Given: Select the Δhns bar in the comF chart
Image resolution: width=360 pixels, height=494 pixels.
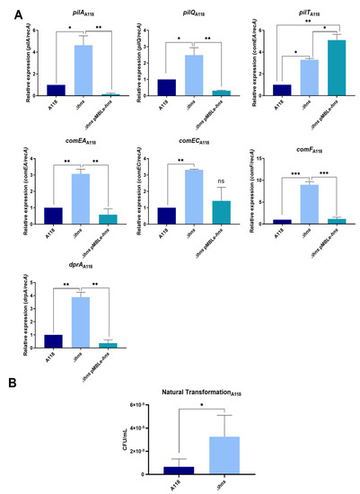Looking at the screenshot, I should point(309,203).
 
